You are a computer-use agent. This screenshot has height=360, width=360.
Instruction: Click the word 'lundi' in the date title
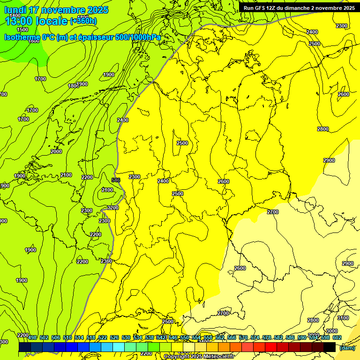pyautogui.click(x=15, y=10)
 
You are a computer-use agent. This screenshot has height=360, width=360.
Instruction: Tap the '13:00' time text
pyautogui.click(x=19, y=21)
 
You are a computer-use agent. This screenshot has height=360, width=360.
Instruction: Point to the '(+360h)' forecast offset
pyautogui.click(x=83, y=21)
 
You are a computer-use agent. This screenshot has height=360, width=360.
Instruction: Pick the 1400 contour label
pyautogui.click(x=15, y=15)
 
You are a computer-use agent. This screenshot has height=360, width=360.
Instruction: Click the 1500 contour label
pyautogui.click(x=22, y=29)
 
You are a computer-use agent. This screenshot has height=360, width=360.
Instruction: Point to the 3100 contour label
pyautogui.click(x=343, y=318)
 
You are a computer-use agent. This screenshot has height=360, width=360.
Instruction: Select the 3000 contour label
pyautogui.click(x=331, y=331)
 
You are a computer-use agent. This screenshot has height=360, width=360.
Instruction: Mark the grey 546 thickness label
pyautogui.click(x=116, y=180)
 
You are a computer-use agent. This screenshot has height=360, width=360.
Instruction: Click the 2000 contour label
pyautogui.click(x=56, y=151)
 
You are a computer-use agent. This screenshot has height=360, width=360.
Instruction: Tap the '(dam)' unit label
pyautogui.click(x=347, y=347)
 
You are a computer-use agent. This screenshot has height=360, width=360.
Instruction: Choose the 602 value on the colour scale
pyautogui.click(x=337, y=337)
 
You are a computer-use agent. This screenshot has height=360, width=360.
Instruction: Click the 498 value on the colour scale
pyautogui.click(x=32, y=337)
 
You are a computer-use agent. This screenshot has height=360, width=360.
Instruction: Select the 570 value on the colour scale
pyautogui.click(x=243, y=337)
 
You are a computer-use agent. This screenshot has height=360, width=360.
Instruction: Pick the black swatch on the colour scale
pyautogui.click(x=329, y=347)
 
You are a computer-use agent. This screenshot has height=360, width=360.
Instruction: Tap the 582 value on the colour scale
pyautogui.click(x=278, y=337)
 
